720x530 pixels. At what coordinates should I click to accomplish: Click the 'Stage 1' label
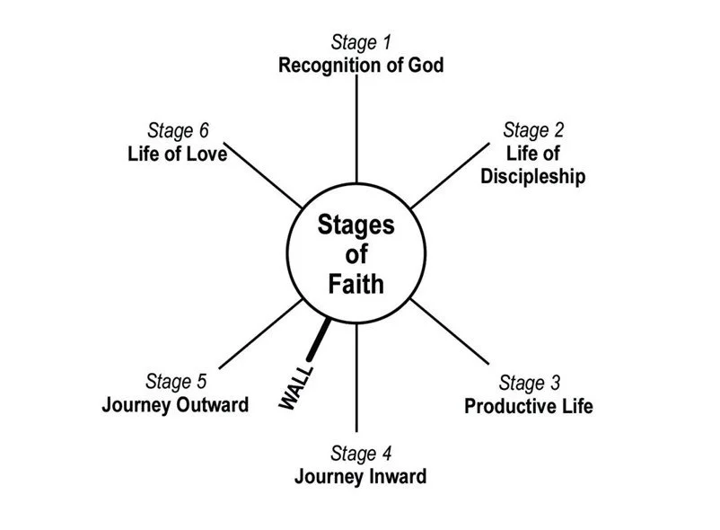(361, 42)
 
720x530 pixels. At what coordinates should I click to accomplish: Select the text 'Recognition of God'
(361, 66)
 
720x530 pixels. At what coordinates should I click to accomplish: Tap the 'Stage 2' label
(532, 130)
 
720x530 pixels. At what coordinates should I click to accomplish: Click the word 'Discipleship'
(532, 176)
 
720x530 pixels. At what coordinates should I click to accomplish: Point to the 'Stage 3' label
(529, 384)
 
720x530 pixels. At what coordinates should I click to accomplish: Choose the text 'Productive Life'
(529, 406)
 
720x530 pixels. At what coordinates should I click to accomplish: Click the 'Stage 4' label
(360, 454)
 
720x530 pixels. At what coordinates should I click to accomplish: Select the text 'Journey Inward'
(360, 476)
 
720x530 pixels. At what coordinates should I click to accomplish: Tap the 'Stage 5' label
(175, 382)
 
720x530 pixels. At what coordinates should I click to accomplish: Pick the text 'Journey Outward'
(175, 404)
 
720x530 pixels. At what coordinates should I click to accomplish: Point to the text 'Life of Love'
(177, 154)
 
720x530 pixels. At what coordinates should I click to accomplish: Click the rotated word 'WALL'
(296, 386)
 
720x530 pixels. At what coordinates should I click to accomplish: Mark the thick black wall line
(318, 340)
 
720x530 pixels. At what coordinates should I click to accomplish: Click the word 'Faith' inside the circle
(356, 285)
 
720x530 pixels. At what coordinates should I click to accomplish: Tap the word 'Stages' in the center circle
(356, 225)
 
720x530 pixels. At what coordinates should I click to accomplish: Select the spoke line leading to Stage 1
(357, 130)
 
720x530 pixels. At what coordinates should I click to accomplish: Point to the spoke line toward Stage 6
(265, 175)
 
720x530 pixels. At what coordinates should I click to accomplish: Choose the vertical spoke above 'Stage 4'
(357, 377)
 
